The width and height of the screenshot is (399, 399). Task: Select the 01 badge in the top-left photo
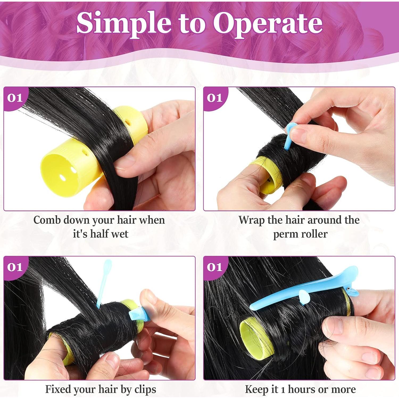click(x=15, y=98)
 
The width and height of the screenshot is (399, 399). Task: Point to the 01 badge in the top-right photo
click(x=214, y=98)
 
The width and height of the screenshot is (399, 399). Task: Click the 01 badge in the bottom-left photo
click(x=15, y=267)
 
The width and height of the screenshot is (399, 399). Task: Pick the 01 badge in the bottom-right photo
click(x=214, y=267)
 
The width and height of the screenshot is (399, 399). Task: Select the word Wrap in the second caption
click(x=251, y=220)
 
